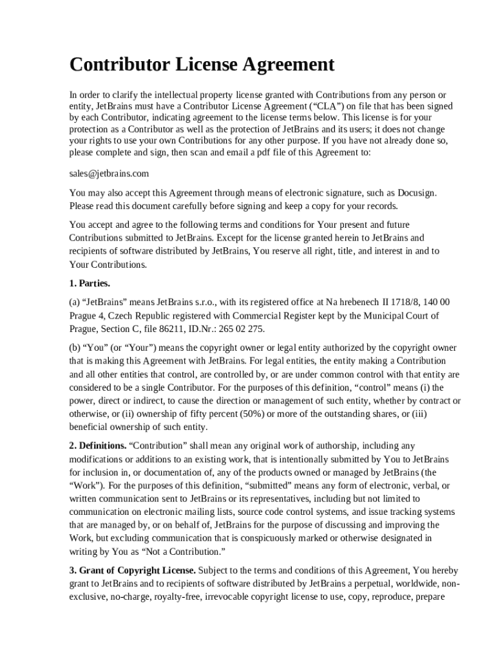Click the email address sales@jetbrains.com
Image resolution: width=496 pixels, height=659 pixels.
[x=109, y=174]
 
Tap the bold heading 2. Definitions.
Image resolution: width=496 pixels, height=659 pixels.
[x=98, y=445]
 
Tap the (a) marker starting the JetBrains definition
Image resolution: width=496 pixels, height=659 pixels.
[x=75, y=302]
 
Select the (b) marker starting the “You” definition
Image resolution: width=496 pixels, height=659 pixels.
[x=75, y=348]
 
